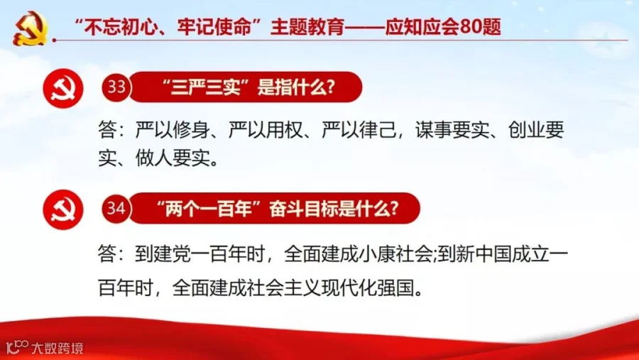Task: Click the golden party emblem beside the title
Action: click(x=31, y=28)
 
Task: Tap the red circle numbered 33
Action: click(x=116, y=87)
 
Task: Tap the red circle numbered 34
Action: click(x=116, y=208)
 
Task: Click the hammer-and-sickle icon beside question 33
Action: click(x=63, y=89)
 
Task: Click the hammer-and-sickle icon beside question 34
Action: click(x=63, y=209)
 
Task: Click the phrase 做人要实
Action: click(x=173, y=158)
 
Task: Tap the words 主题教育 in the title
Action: click(x=307, y=27)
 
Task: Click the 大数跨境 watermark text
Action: click(x=58, y=348)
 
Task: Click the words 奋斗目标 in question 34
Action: click(x=305, y=209)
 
